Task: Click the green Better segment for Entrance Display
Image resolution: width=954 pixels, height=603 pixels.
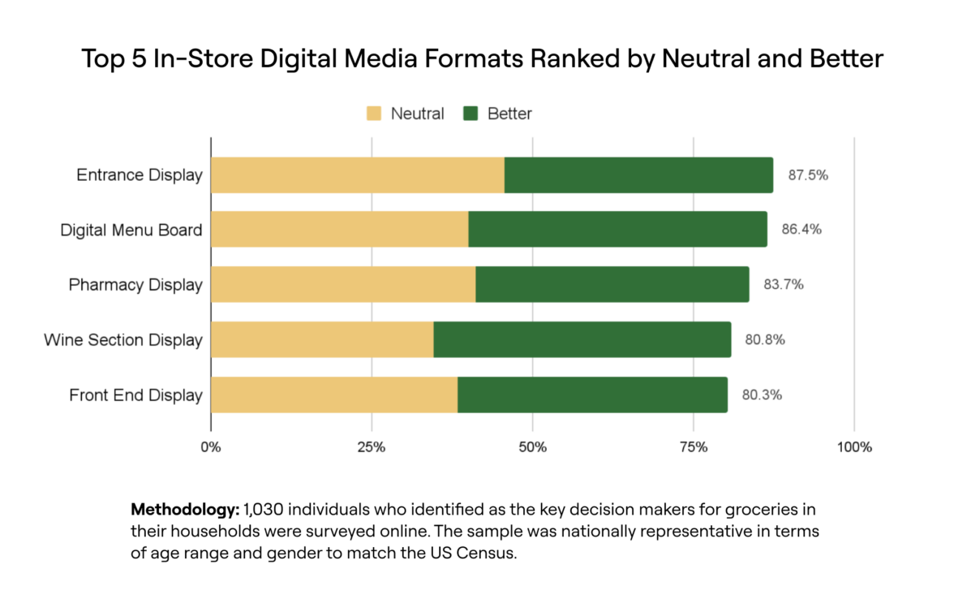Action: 638,175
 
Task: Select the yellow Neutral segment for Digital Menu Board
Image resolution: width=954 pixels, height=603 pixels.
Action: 340,230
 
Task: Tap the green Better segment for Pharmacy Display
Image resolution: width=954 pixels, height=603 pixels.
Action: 612,285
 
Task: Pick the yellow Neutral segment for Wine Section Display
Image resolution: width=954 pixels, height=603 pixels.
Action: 322,339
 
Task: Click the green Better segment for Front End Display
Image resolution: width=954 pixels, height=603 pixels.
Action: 592,395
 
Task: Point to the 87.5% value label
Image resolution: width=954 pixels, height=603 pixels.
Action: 807,174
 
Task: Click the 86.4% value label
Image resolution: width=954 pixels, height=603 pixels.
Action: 801,230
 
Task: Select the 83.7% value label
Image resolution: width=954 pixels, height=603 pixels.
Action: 784,285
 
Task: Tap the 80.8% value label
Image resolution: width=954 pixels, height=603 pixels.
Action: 765,339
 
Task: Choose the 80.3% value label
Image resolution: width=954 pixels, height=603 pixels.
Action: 762,395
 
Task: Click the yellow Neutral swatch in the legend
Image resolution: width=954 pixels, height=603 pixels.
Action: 374,114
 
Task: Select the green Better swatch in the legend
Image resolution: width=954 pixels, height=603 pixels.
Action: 471,114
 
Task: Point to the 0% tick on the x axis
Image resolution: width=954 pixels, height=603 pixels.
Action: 211,447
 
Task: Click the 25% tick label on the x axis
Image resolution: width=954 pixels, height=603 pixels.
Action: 372,447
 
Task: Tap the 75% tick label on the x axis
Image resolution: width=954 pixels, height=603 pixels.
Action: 694,447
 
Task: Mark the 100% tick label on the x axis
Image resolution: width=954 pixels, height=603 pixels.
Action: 854,447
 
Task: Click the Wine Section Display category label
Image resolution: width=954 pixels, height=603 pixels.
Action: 122,339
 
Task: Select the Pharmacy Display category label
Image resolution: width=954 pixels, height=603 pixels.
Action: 135,285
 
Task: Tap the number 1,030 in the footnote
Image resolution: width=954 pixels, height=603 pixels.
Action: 264,510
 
